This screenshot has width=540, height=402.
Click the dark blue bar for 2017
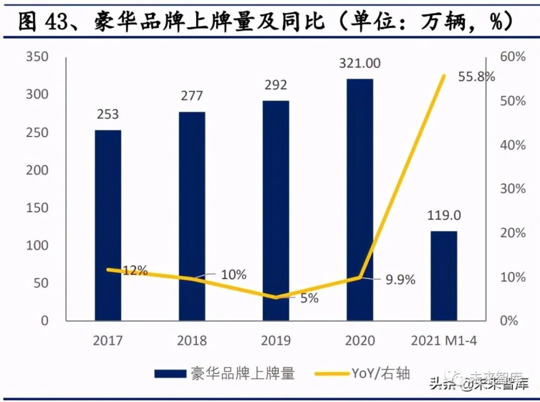point(108,227)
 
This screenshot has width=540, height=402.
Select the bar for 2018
point(192,216)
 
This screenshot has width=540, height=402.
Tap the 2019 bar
point(276,211)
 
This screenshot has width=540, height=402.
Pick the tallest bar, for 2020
point(360,200)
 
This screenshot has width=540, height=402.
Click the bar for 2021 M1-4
point(444,276)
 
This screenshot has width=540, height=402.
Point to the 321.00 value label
point(360,63)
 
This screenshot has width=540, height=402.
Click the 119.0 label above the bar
point(444,216)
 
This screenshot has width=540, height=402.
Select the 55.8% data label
point(477,76)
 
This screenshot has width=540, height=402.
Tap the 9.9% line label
point(399,280)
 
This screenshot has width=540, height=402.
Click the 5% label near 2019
point(309,298)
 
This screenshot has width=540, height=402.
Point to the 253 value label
point(108,115)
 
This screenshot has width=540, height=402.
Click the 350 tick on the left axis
point(37,57)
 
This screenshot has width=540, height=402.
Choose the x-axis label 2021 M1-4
point(444,340)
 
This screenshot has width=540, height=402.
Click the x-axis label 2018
point(192,340)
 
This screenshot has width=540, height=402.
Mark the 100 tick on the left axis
point(37,245)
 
